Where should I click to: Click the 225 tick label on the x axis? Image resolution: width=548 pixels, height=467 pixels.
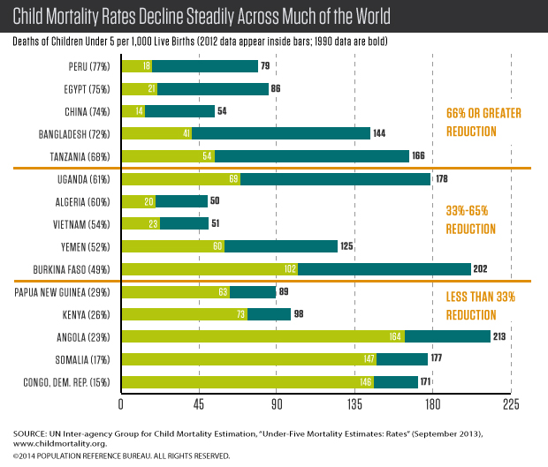(x=511, y=404)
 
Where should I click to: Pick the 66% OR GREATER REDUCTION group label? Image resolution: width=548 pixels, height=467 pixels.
(x=483, y=122)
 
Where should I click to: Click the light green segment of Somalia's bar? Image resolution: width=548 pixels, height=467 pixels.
(x=247, y=358)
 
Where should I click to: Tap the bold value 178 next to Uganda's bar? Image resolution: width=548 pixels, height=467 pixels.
(x=443, y=179)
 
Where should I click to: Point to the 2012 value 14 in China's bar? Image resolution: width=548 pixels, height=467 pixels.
(x=139, y=111)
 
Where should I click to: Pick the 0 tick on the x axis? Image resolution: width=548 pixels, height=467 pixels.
(x=120, y=404)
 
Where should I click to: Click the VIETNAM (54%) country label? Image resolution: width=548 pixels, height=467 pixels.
(x=83, y=223)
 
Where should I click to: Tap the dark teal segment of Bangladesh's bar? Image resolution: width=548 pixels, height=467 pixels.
(x=280, y=133)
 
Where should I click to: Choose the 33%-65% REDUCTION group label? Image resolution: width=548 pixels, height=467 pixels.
(x=479, y=221)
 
